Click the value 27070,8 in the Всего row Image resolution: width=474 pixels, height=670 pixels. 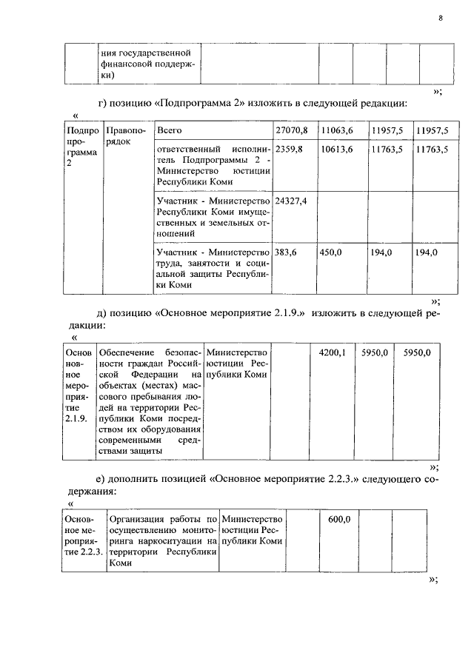[291, 130]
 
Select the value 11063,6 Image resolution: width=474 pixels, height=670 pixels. [336, 130]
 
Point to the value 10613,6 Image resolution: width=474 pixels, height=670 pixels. [336, 150]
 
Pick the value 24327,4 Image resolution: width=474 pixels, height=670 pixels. [291, 201]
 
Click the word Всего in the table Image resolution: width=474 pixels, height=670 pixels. [170, 130]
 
